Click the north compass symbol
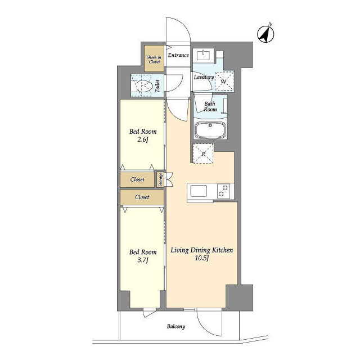[x=265, y=34]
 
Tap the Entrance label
[x=178, y=55]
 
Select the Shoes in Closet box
[x=154, y=58]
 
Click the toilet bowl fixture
[x=144, y=86]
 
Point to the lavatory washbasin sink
[x=204, y=55]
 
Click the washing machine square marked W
[x=224, y=81]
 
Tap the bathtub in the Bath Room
[x=210, y=129]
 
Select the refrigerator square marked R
[x=203, y=154]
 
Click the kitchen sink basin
[x=199, y=191]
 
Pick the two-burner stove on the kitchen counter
[x=224, y=191]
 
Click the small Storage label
[x=160, y=180]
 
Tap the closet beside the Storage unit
[x=137, y=179]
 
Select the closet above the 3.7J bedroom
[x=142, y=197]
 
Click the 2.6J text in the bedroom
[x=142, y=139]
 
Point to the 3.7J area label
[x=142, y=260]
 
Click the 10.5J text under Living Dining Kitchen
[x=201, y=258]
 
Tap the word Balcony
[x=176, y=326]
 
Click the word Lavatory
[x=204, y=77]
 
